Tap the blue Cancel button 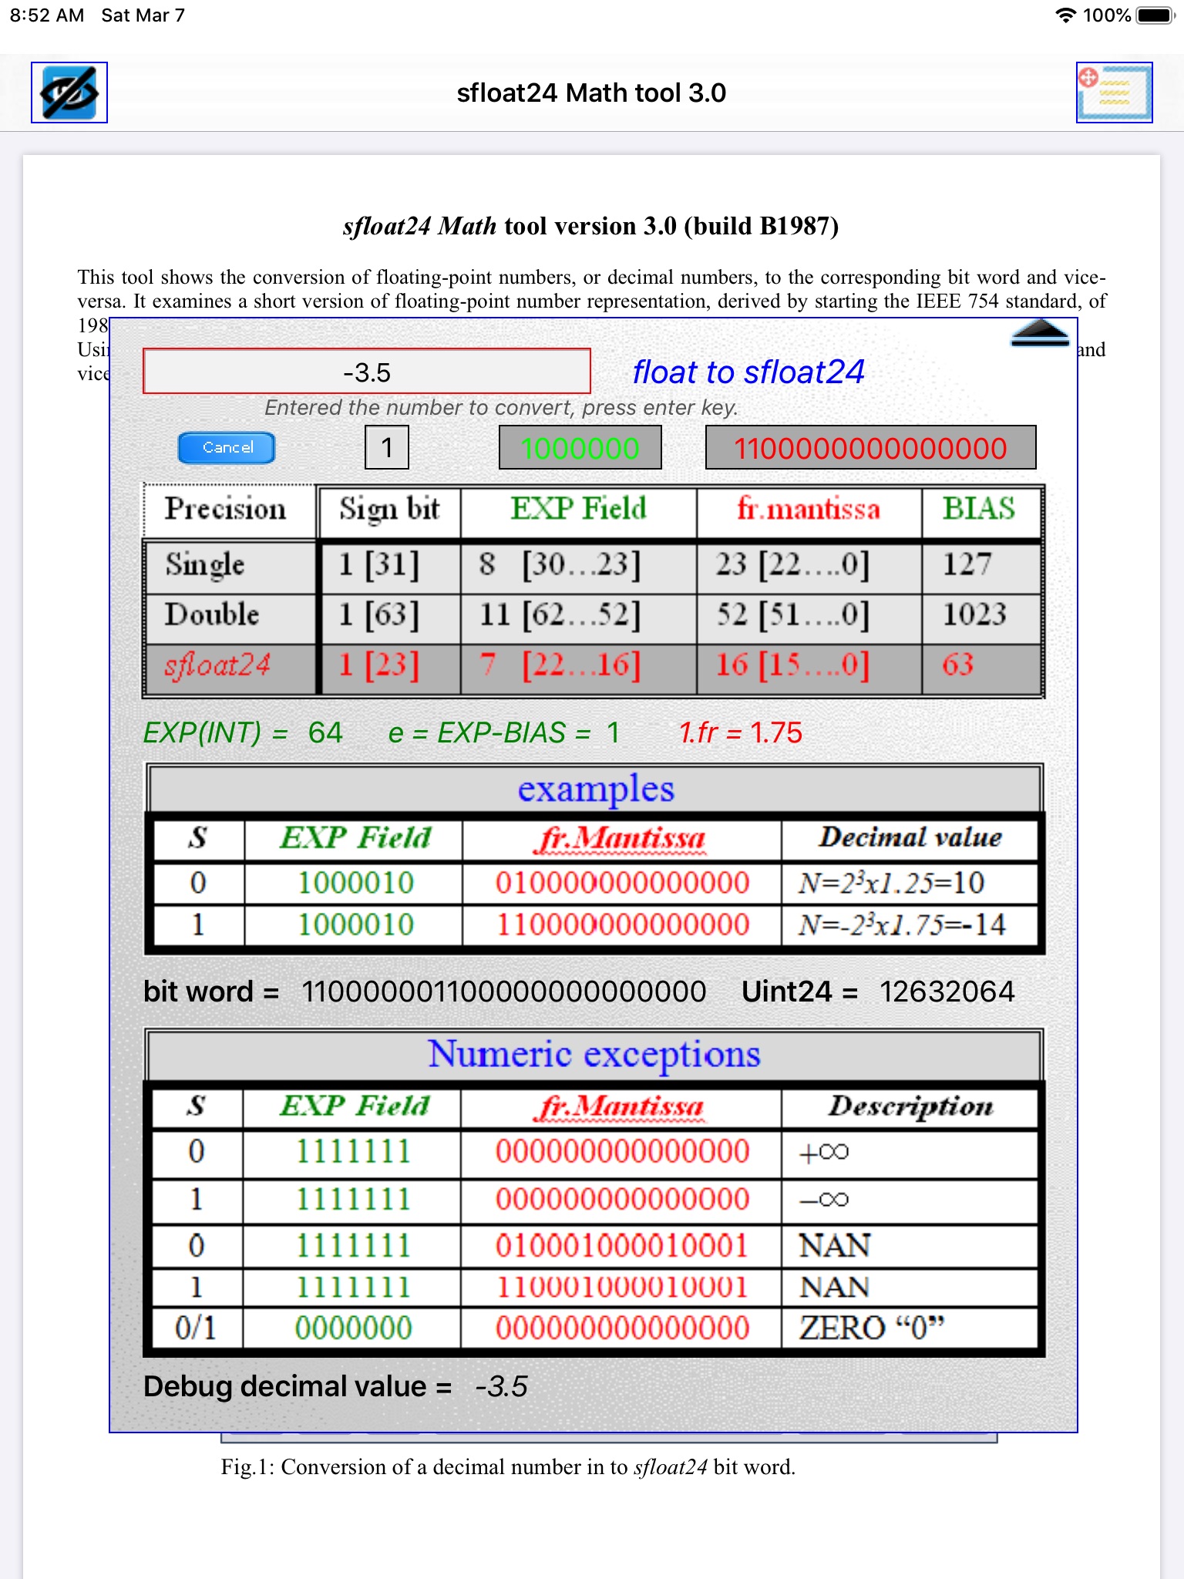pos(227,448)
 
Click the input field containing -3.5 pos(367,372)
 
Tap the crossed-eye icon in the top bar pos(69,93)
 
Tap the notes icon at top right pos(1114,93)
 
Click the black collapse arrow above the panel pos(1039,333)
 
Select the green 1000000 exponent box pos(580,448)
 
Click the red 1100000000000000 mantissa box pos(870,448)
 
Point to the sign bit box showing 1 pos(387,448)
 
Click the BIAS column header pos(979,510)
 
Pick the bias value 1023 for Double pos(975,614)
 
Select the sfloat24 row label pos(218,665)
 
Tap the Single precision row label pos(205,564)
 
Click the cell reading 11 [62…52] pos(560,614)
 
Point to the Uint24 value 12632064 pos(947,992)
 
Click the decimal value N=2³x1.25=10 pos(892,884)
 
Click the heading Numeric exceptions pos(594,1054)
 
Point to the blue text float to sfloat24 pos(748,372)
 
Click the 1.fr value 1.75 pos(776,732)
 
